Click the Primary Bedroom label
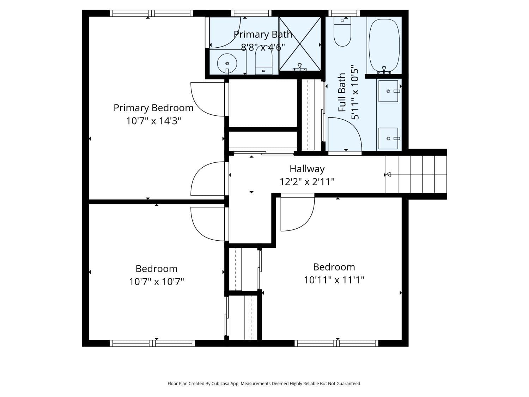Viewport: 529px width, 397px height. pos(153,108)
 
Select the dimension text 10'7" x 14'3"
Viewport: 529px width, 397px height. pos(153,121)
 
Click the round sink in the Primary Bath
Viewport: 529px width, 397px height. pos(227,63)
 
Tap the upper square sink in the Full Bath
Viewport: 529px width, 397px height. pos(388,91)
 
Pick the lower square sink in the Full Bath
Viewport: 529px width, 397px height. pos(388,138)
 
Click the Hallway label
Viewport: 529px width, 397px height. pos(307,169)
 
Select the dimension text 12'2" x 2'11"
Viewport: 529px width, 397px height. pos(307,182)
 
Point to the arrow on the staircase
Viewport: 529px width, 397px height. pos(388,174)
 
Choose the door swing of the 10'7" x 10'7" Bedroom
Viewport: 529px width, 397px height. pos(208,224)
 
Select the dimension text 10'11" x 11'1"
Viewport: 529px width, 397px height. pos(334,280)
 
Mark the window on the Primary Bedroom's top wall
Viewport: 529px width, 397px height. pos(151,13)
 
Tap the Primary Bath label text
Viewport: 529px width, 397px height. pos(263,35)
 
